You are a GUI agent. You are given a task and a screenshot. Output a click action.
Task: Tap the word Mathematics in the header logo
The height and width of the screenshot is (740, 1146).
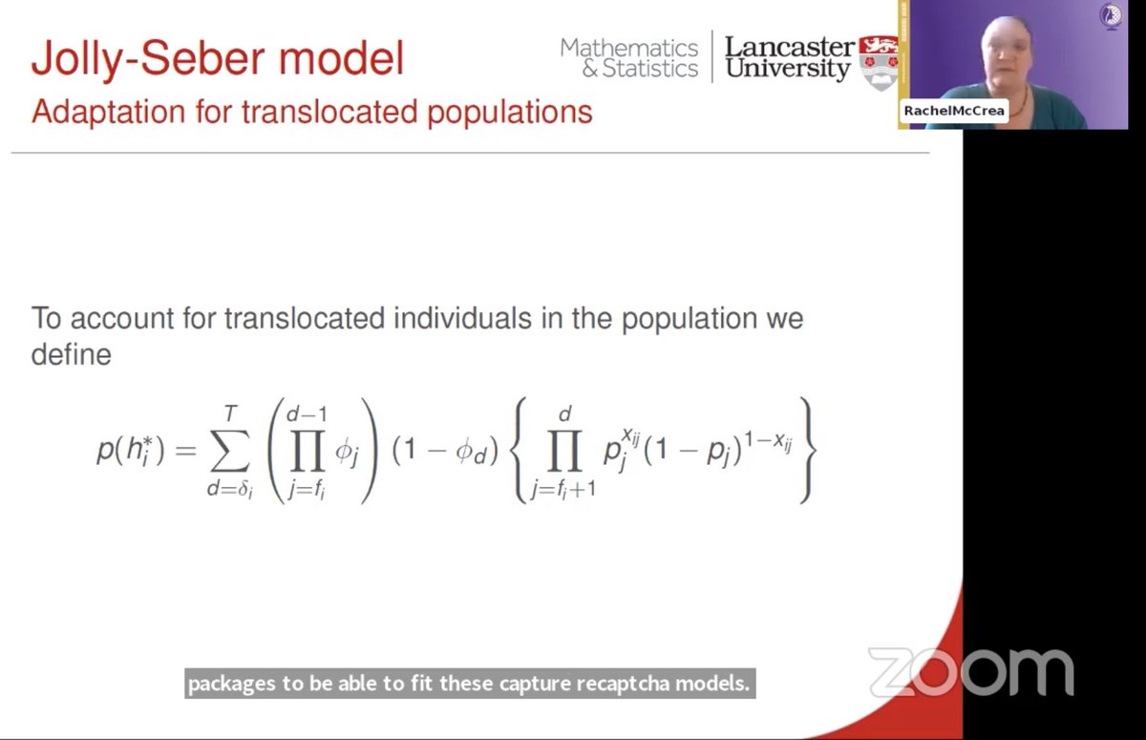point(629,48)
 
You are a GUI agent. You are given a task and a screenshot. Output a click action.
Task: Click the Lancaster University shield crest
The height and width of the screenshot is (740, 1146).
point(879,63)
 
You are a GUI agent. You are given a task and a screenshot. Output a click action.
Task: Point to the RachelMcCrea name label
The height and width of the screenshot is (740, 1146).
point(954,111)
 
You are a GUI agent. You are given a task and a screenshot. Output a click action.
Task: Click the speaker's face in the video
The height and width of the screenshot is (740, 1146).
point(997,53)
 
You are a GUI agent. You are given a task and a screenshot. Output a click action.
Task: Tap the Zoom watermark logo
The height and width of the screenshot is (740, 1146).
point(970,671)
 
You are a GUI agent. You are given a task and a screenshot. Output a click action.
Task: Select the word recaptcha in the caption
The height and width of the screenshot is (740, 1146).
point(638,685)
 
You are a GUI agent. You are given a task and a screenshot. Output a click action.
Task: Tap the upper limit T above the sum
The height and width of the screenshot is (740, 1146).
point(229,412)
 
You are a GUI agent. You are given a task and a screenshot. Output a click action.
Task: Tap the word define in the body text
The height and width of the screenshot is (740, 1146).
point(72,354)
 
